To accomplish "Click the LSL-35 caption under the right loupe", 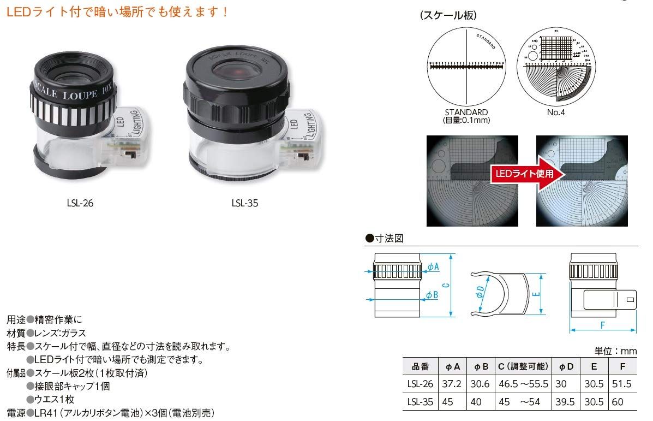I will coord(244,203).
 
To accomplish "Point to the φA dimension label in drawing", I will coord(433,266).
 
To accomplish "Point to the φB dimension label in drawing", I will coord(433,295).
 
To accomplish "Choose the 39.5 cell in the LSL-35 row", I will coord(564,402).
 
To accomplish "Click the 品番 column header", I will coord(420,366).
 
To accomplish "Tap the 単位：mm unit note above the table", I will coord(615,351).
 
